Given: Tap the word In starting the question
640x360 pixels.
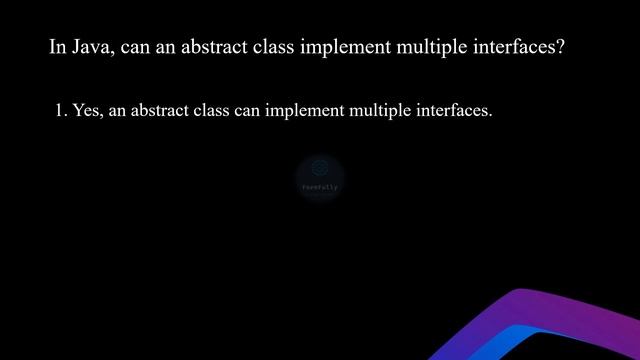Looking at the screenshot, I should (x=57, y=47).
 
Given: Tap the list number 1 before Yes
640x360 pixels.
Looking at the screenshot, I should (x=61, y=111).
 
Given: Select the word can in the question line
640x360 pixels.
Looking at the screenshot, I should (x=135, y=47).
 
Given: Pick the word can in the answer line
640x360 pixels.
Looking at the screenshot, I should (x=248, y=111).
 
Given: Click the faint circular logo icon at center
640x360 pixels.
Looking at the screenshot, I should (x=320, y=169).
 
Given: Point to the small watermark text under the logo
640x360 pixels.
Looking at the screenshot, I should (x=320, y=187).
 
